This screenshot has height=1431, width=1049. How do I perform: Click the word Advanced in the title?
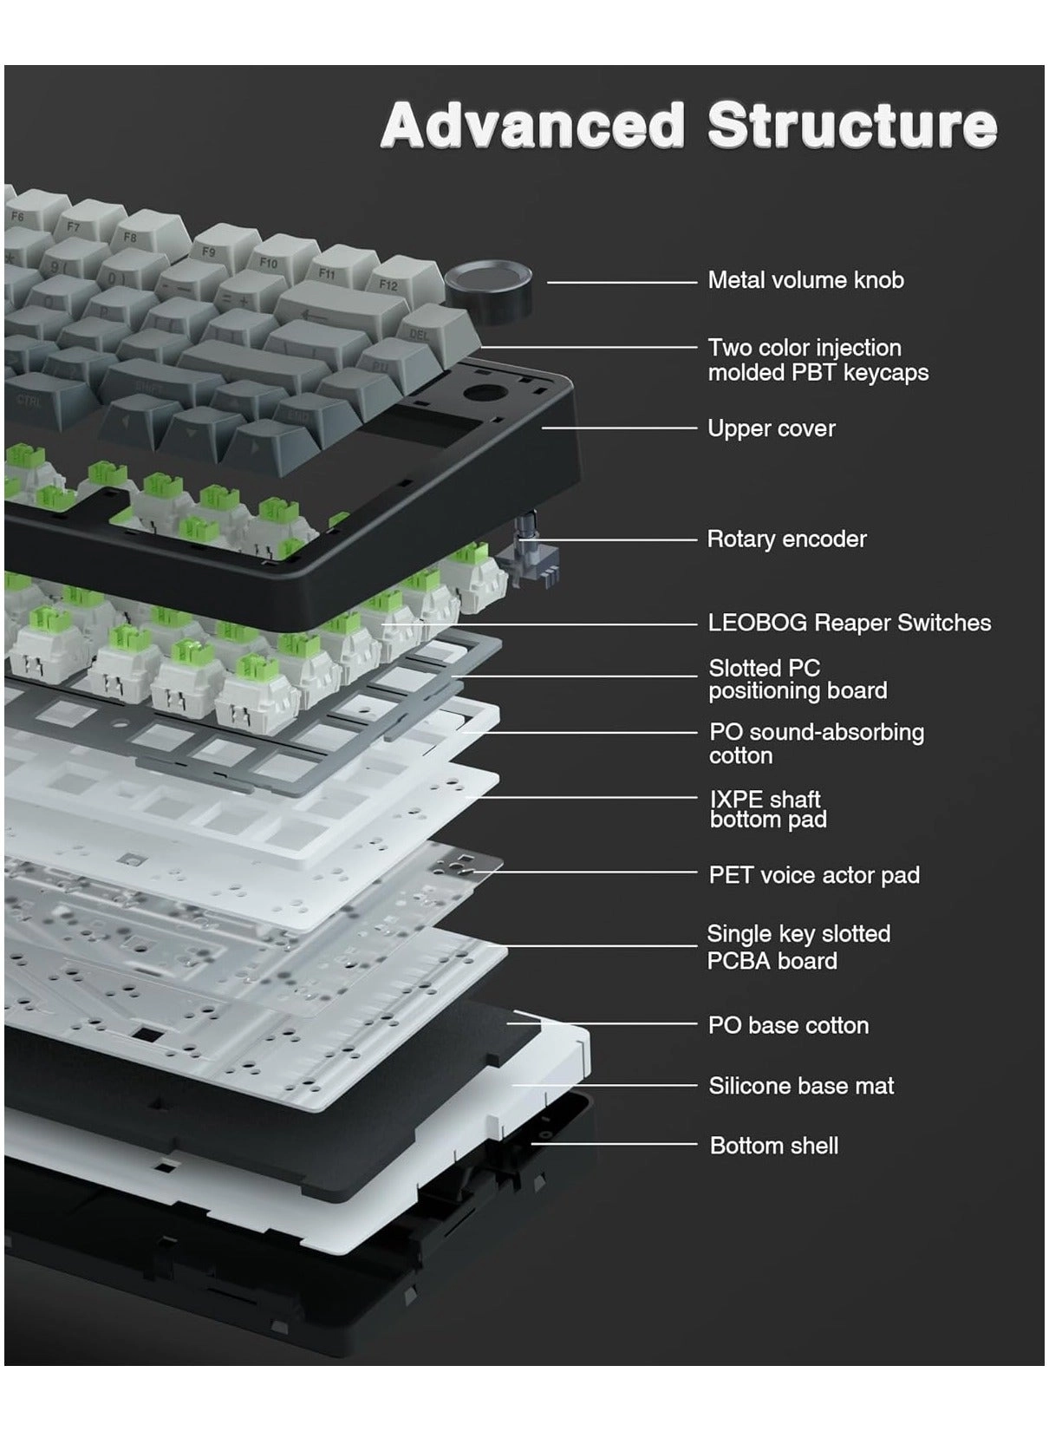coord(532,125)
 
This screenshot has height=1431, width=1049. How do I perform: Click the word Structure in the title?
coord(852,125)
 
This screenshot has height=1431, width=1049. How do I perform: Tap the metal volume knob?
coord(488,285)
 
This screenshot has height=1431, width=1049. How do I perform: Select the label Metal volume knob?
coord(805,280)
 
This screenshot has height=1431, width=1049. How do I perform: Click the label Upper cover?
coord(772,428)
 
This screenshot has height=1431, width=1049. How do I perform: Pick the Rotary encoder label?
coord(786,539)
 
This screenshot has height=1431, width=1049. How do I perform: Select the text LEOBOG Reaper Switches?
coord(849,622)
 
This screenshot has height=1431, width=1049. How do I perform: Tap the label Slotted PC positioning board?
coord(798,679)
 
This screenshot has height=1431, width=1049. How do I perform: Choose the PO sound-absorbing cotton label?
coord(817,744)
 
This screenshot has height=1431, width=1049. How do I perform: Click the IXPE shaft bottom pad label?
coord(768,809)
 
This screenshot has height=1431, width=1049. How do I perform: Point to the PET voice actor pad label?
coord(814,875)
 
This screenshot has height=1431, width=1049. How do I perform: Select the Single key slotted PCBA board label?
coord(798,947)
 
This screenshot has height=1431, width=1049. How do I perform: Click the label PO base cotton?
coord(789,1025)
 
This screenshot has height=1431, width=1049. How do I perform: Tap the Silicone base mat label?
coord(801,1085)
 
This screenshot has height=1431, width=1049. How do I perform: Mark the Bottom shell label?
coord(774,1146)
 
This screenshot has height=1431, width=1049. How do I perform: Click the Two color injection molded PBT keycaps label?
coord(818,360)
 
